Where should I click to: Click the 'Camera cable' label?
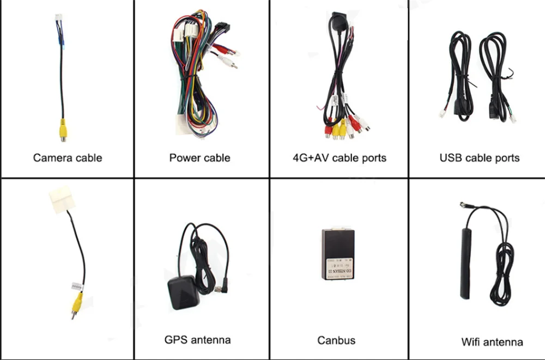coord(68,158)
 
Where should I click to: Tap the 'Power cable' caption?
coord(199,158)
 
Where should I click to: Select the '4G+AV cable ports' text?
coord(339,158)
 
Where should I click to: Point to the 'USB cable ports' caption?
coord(480,158)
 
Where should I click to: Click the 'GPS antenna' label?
coord(197,340)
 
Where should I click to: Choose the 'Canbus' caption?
coord(336,340)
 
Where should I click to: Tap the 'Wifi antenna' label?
coord(492,342)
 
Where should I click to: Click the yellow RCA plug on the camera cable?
coord(63,131)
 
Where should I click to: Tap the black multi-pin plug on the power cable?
coord(223,27)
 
